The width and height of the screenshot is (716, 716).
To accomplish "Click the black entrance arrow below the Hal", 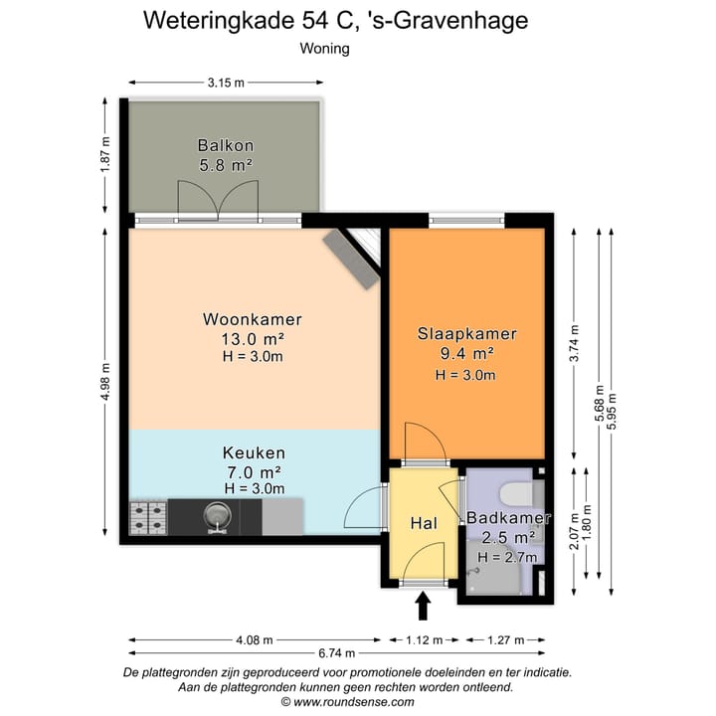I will (423, 604).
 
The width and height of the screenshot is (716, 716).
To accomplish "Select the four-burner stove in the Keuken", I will (148, 516).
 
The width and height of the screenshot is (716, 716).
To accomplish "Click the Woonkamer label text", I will (252, 320).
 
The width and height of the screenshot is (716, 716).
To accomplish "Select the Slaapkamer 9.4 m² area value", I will (466, 353).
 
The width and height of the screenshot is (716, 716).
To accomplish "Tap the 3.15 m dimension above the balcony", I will (226, 83).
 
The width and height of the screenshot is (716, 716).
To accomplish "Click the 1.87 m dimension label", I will (106, 154).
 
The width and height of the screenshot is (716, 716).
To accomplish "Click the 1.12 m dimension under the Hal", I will (423, 639).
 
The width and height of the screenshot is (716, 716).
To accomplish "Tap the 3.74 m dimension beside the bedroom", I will (573, 341).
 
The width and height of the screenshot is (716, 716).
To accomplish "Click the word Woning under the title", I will (324, 48).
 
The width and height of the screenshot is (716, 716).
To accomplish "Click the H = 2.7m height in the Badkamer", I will (507, 557).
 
